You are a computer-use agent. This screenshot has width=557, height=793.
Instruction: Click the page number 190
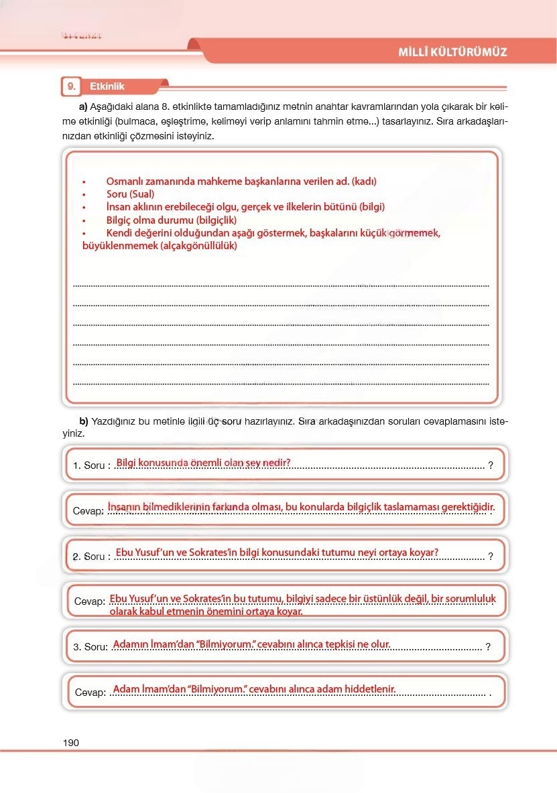70,743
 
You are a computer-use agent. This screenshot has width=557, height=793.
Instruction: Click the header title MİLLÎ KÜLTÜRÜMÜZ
452,52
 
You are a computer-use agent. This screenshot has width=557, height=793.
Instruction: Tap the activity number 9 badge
70,86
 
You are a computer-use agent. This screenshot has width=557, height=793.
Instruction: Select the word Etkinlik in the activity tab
107,86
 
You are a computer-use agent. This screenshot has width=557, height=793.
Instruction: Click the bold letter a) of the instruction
84,106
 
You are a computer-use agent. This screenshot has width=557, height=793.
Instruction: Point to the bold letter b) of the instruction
84,421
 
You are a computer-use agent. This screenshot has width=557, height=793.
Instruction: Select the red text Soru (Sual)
130,194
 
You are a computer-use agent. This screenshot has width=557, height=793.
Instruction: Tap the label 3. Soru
90,647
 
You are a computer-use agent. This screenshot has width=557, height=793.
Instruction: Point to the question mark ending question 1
491,465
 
